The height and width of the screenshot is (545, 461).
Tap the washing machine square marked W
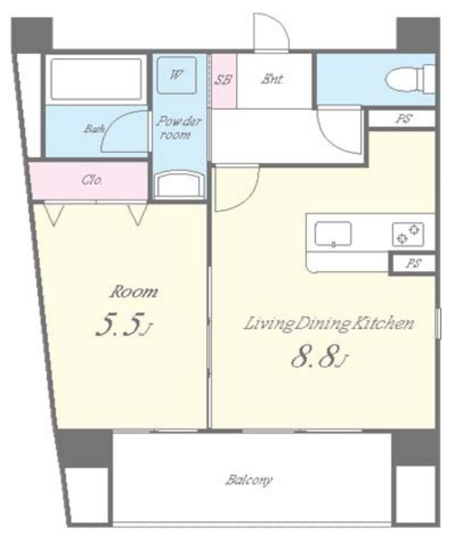click(x=176, y=75)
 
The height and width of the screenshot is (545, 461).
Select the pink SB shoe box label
click(x=223, y=79)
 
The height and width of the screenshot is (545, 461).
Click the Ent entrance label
click(x=272, y=79)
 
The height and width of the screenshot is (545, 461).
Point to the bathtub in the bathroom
click(x=96, y=79)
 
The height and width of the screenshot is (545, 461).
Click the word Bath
click(x=94, y=129)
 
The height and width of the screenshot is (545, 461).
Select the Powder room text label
click(x=179, y=128)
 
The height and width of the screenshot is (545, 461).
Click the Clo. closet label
click(x=92, y=180)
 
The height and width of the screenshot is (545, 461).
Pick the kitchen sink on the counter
click(x=333, y=234)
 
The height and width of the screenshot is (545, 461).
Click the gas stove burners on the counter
click(x=408, y=234)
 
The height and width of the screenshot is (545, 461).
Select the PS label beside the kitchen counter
click(x=413, y=264)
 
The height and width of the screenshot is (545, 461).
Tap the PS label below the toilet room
click(x=403, y=119)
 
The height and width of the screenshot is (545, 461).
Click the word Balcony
click(x=248, y=481)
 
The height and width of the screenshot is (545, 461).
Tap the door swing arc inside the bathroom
click(x=119, y=130)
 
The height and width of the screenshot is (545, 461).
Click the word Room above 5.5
click(x=134, y=292)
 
